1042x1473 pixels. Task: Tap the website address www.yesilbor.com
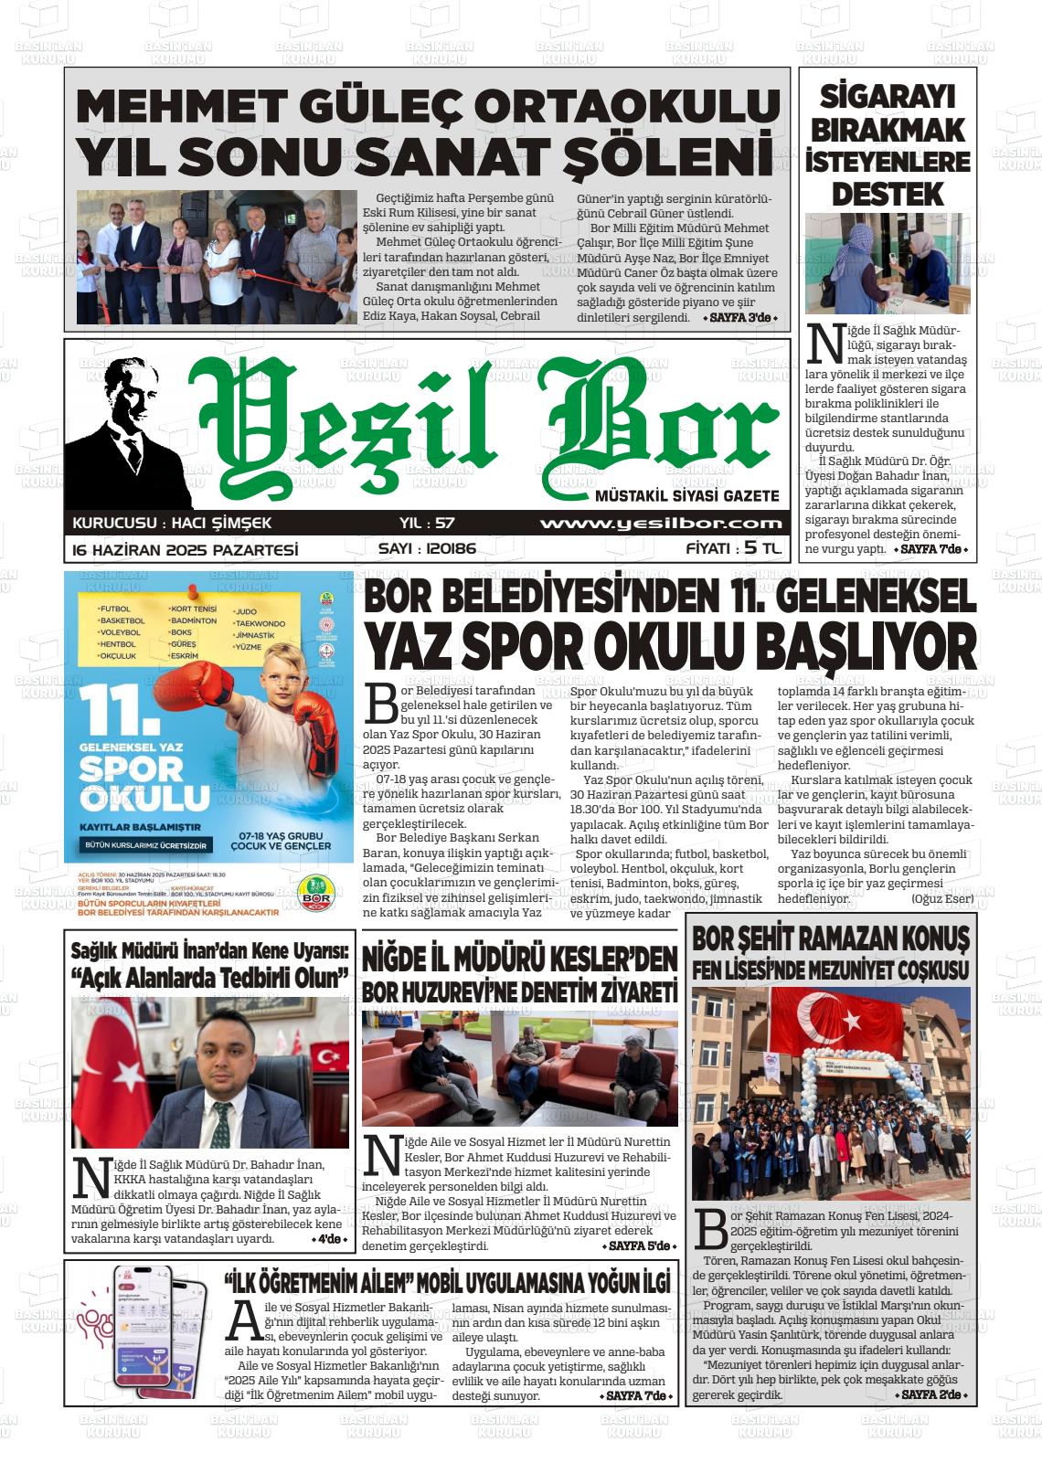coord(661,524)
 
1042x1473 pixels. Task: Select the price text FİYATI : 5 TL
coord(734,549)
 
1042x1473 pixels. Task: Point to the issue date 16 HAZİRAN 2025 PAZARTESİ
coord(186,550)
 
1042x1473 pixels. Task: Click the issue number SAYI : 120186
coord(427,549)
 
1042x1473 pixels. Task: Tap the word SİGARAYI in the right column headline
coord(888,96)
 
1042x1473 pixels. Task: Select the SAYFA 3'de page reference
coord(740,318)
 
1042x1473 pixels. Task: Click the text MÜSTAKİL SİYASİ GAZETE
coord(686,496)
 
